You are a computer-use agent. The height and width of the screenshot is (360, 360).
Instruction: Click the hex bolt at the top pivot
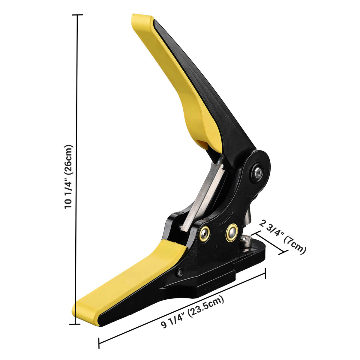[257, 172]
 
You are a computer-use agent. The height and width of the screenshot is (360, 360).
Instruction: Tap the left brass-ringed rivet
[205, 233]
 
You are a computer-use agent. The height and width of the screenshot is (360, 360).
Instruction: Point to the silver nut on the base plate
[245, 241]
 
